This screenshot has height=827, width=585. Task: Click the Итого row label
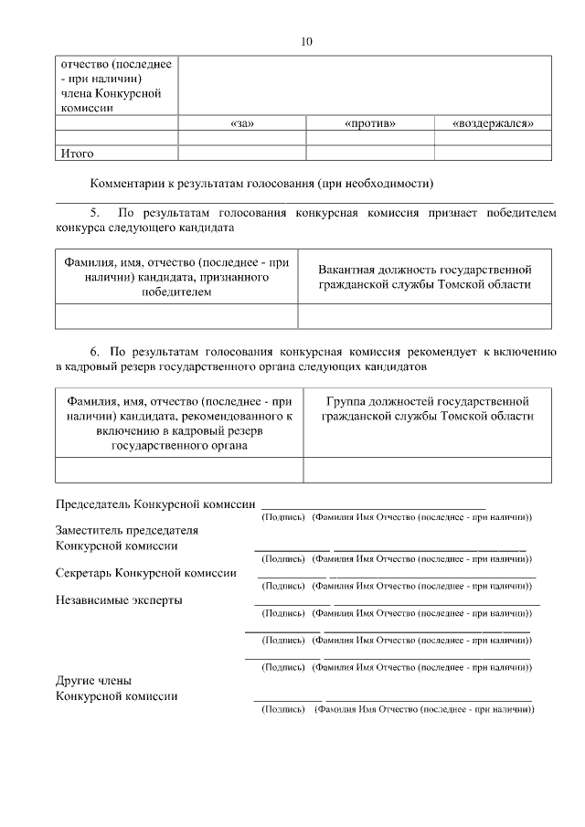(x=78, y=154)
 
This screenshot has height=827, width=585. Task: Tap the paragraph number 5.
(x=94, y=212)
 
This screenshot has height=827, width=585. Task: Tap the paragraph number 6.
(x=94, y=351)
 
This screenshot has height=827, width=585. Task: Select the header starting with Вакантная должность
(x=424, y=277)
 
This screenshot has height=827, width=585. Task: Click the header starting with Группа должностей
(x=426, y=408)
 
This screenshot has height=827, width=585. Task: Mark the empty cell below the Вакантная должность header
(x=424, y=316)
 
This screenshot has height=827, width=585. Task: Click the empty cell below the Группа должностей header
(x=426, y=470)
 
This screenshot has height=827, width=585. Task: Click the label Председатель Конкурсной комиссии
(x=155, y=504)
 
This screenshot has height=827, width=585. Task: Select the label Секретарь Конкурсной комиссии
(x=146, y=573)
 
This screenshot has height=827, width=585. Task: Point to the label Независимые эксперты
(x=119, y=600)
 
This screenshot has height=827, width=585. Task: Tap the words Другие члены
(x=93, y=681)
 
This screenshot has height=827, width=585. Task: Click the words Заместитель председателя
(x=127, y=530)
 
